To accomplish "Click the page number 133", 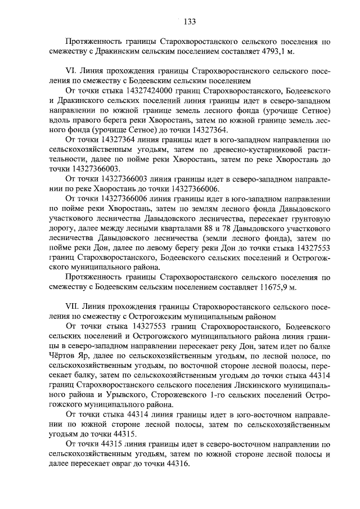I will tap(189, 22).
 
